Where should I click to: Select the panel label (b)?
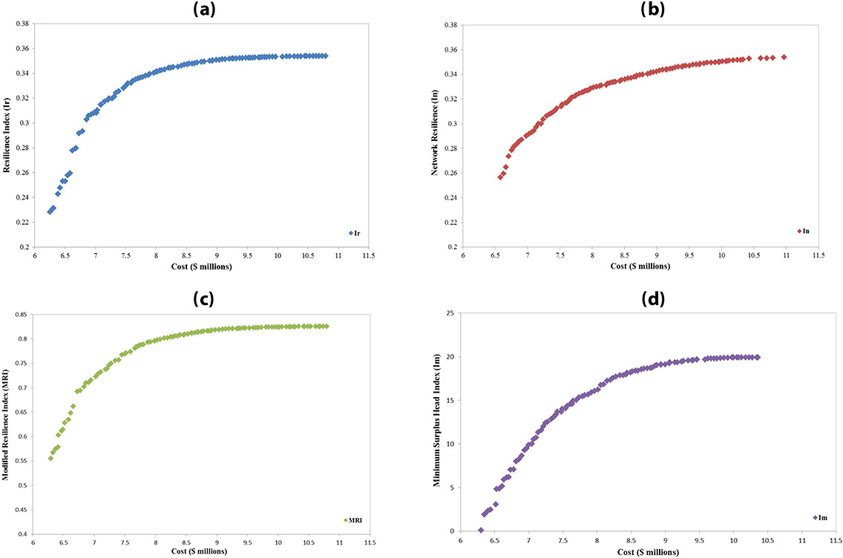point(635,10)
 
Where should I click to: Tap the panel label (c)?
point(203,299)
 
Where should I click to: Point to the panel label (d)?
point(635,300)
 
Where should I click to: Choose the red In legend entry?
point(802,231)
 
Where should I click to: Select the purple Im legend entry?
point(819,518)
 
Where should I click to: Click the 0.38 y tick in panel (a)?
point(22,24)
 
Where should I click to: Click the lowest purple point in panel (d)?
point(481,530)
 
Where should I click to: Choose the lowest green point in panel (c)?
point(50,458)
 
